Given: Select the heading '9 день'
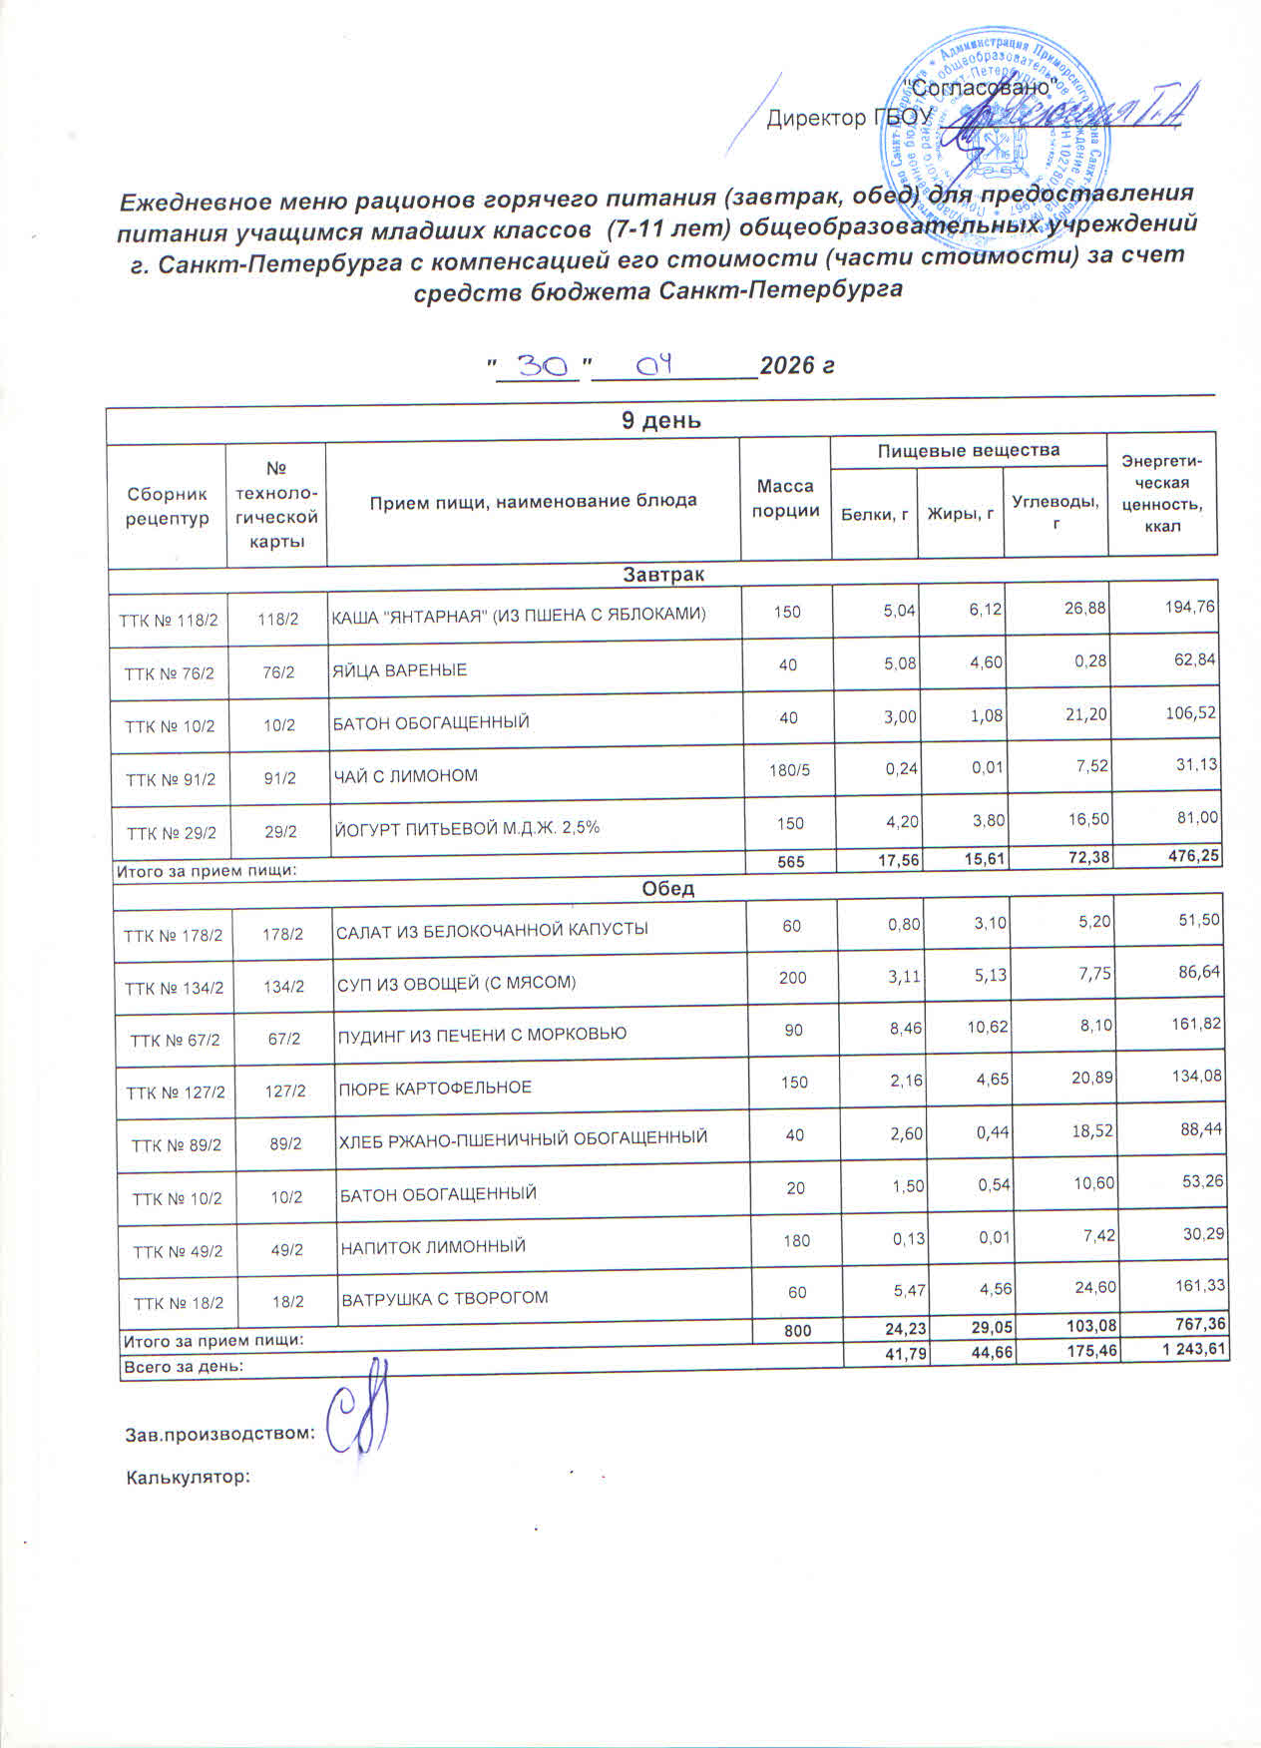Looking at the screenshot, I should click(x=660, y=420).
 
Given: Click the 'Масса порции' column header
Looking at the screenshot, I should click(x=785, y=498).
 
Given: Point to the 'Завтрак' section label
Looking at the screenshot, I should click(x=662, y=575).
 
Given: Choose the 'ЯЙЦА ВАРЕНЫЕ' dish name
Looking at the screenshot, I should click(x=399, y=669).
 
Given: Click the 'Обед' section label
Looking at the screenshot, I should click(x=667, y=889).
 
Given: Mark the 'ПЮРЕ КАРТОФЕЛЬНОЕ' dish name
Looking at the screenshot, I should click(x=435, y=1087).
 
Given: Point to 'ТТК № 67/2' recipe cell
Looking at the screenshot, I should click(x=175, y=1040).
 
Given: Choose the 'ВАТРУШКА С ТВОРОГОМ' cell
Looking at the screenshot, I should click(x=445, y=1299).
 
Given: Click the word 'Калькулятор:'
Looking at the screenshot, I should click(x=187, y=1477).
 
